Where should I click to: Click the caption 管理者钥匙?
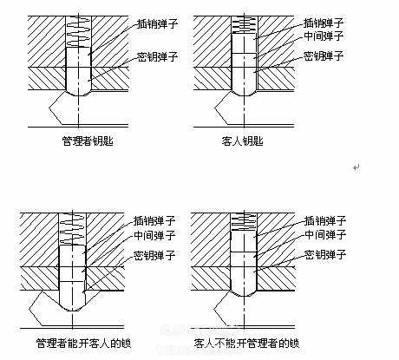[x=88, y=141]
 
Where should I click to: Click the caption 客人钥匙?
[x=243, y=141]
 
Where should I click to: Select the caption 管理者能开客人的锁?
[x=84, y=344]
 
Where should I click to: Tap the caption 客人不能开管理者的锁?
[x=247, y=344]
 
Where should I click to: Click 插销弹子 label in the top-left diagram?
[x=157, y=23]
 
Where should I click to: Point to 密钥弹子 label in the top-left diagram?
[x=157, y=56]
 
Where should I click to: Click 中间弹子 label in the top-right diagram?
[x=324, y=36]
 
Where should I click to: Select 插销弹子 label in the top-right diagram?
[x=324, y=23]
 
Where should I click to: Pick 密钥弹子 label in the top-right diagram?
[x=324, y=56]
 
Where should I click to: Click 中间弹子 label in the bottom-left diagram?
[x=154, y=236]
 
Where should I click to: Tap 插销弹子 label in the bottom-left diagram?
[x=154, y=221]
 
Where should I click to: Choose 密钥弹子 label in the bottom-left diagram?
[x=154, y=255]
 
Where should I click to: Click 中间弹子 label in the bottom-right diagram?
[x=325, y=234]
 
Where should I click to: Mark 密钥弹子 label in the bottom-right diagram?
[x=325, y=255]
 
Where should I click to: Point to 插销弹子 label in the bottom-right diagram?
[x=325, y=221]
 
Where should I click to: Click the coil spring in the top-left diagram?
[x=78, y=31]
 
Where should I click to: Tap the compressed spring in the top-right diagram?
[x=245, y=25]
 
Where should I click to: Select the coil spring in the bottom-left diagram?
[x=72, y=229]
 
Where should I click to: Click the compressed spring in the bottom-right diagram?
[x=244, y=221]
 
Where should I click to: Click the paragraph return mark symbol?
[x=356, y=167]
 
